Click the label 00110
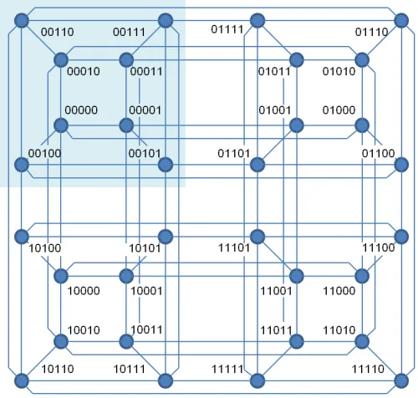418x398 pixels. (58, 32)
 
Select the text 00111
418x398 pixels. (129, 32)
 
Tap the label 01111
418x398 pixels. (227, 29)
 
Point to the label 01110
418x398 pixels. (371, 32)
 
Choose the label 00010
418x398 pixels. (84, 71)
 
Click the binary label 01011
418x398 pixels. (274, 71)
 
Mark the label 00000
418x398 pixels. (81, 110)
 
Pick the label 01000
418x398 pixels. (339, 110)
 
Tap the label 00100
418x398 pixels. (44, 153)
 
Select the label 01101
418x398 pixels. (233, 153)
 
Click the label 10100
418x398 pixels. (45, 247)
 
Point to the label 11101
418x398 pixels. (234, 247)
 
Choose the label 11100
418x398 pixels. (378, 247)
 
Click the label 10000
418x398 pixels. (84, 291)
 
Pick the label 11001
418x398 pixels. (276, 291)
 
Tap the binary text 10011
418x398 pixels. (146, 329)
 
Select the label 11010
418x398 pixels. (339, 330)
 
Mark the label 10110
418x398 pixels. (58, 369)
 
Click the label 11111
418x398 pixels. (227, 369)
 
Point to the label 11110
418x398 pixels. (368, 369)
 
